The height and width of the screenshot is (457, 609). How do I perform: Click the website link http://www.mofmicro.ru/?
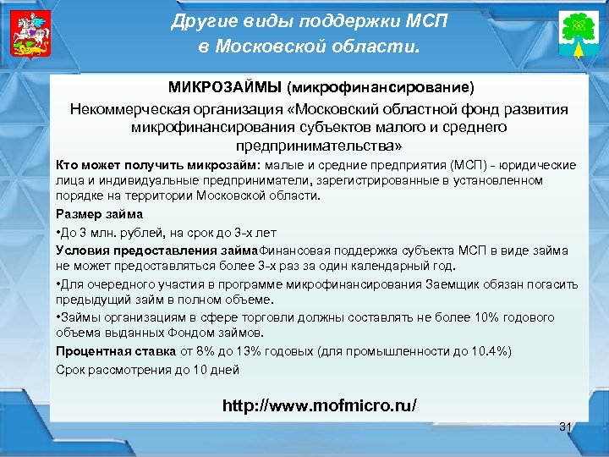point(319,405)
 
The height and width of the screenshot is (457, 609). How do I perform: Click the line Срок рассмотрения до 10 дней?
point(147,369)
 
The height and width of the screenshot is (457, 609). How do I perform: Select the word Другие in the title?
point(202,20)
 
